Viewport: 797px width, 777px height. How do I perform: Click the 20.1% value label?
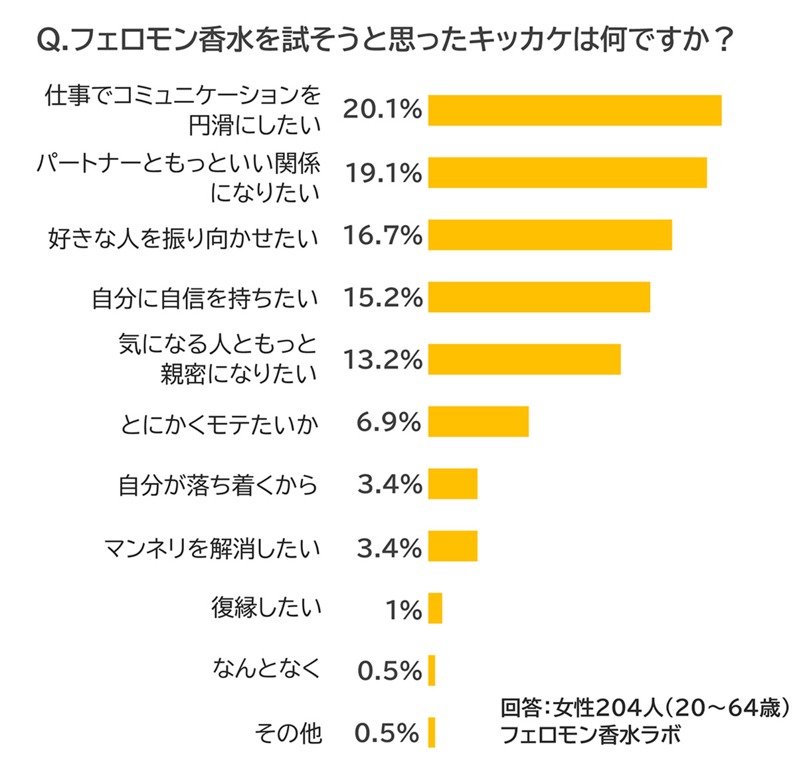tap(383, 110)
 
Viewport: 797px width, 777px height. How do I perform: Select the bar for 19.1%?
tap(567, 173)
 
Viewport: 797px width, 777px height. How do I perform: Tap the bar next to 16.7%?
tap(550, 235)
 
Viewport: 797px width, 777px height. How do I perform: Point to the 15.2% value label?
tap(383, 298)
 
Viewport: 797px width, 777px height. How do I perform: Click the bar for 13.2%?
tap(524, 359)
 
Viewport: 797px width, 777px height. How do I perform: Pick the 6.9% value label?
tap(389, 422)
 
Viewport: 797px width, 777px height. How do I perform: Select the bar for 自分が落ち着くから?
tap(453, 483)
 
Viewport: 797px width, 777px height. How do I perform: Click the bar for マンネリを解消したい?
tap(453, 546)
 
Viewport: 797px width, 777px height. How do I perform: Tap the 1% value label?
tap(404, 610)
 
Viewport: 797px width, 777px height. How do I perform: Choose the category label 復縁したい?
tap(266, 608)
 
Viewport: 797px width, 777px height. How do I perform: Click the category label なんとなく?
tap(266, 668)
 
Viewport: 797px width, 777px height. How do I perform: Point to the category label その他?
tap(288, 733)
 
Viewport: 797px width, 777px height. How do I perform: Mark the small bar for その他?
tap(432, 733)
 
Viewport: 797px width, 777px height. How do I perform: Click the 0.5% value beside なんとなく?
tap(389, 671)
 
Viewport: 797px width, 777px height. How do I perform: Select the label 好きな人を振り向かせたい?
tap(183, 238)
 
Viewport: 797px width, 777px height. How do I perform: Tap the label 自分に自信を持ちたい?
tap(205, 299)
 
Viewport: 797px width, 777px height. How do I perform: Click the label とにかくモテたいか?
tap(220, 424)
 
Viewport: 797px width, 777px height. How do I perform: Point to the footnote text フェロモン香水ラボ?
tap(590, 735)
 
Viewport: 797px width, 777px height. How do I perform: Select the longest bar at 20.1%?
tap(575, 110)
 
